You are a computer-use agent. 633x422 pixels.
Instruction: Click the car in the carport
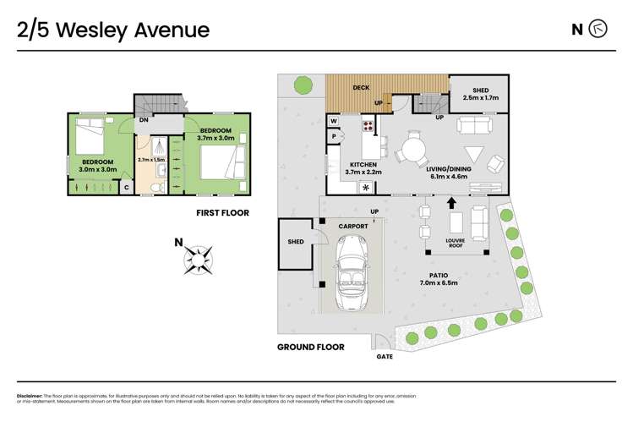pos(351,275)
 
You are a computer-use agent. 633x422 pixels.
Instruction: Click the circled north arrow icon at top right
pos(598,30)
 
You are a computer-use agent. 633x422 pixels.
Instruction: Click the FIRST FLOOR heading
pos(222,213)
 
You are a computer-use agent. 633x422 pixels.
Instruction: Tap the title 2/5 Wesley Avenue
pos(112,30)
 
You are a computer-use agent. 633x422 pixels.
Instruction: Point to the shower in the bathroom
pos(154,147)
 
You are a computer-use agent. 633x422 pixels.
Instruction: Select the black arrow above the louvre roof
pos(450,203)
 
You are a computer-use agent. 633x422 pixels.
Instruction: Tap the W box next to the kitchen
pos(334,120)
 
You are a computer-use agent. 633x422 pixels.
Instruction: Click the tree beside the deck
pos(303,84)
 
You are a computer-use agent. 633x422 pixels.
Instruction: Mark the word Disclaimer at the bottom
pos(32,395)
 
